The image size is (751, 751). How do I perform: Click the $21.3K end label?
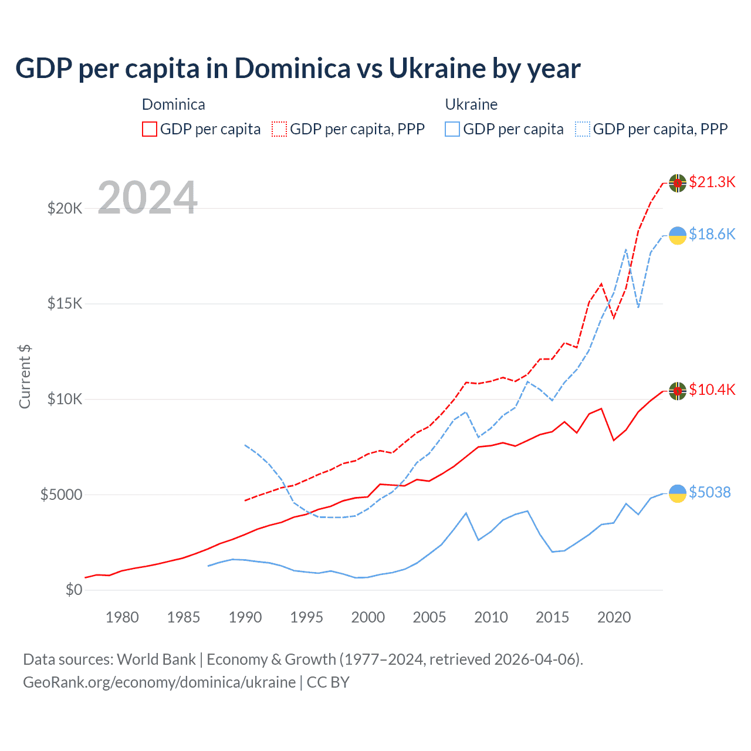[x=712, y=182]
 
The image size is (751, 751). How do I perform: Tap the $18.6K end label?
[x=712, y=234]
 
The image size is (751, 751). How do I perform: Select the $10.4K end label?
[x=712, y=390]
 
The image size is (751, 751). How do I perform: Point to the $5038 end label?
[x=709, y=492]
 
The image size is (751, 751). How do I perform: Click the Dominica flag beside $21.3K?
[x=678, y=183]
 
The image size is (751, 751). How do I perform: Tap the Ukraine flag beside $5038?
[x=678, y=493]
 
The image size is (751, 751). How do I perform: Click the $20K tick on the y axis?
[x=65, y=208]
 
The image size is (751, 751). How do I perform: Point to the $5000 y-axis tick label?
[x=61, y=495]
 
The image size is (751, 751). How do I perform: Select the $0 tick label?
[x=73, y=590]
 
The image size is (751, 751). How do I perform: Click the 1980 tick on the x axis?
[x=122, y=617]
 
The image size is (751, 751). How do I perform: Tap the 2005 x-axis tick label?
[x=429, y=617]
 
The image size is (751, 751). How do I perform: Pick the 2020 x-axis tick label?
[x=614, y=617]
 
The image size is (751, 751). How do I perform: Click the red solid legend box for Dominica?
[x=150, y=129]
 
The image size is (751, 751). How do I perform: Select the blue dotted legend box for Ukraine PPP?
[x=583, y=129]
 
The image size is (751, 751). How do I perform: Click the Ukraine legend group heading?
[x=471, y=104]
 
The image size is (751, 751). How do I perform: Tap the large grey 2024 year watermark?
[x=147, y=198]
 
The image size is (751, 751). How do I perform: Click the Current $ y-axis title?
[x=25, y=377]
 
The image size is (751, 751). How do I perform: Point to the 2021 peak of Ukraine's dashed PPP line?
[x=626, y=249]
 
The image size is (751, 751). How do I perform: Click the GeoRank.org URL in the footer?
[x=160, y=682]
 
